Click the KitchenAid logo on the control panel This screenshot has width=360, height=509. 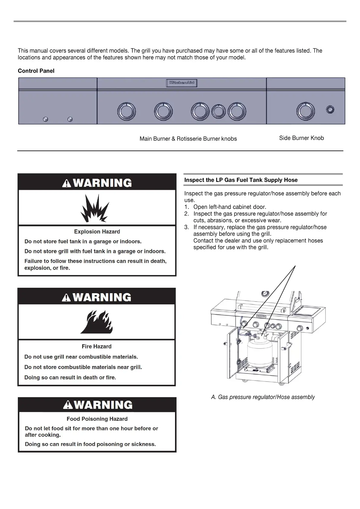(182, 83)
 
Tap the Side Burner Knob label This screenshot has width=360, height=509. (301, 138)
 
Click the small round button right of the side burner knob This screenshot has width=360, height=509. (330, 110)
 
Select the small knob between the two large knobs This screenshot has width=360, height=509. (217, 111)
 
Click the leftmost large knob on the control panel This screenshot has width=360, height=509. (126, 111)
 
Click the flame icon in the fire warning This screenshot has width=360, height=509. (97, 323)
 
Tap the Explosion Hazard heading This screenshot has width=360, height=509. (97, 232)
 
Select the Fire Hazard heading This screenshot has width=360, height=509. (96, 346)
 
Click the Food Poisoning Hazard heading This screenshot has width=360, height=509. (97, 419)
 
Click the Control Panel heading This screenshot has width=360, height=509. (36, 71)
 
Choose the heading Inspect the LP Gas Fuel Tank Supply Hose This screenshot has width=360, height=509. (241, 180)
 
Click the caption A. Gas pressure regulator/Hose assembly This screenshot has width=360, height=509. (263, 397)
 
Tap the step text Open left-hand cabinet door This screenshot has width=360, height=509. (229, 207)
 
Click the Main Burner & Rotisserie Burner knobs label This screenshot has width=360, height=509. (188, 139)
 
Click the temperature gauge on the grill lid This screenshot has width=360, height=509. (265, 294)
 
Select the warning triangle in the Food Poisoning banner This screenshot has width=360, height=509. (67, 405)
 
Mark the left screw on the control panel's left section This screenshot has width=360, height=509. (46, 119)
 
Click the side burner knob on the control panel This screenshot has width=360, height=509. (305, 111)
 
